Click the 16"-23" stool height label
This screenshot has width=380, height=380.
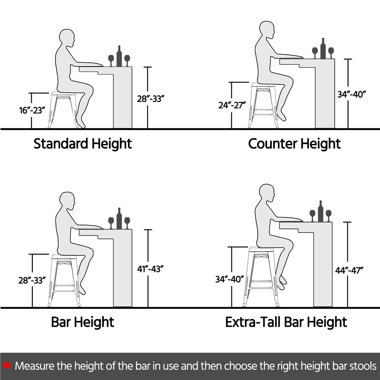coord(32,110)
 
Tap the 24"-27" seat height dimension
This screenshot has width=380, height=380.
coord(232,105)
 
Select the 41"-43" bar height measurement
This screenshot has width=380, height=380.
coord(150,269)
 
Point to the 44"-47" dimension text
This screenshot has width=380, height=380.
coord(349,270)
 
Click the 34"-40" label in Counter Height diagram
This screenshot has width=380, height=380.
coord(351,94)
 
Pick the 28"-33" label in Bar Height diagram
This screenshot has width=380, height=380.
coord(32,280)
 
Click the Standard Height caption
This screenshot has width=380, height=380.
coord(82,144)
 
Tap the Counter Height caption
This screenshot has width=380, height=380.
coord(294,144)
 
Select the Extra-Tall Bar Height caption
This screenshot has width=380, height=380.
coord(286,322)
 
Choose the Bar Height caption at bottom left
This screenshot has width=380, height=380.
coord(82,322)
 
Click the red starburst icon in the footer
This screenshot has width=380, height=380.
coord(7,366)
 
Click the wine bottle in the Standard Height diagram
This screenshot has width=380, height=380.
coord(119,56)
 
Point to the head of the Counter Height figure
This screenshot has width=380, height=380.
coord(267,30)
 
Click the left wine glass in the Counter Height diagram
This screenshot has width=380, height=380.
coord(315,52)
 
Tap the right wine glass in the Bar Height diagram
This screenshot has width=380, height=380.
coord(127,223)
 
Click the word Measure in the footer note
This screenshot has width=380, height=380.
coord(35,366)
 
